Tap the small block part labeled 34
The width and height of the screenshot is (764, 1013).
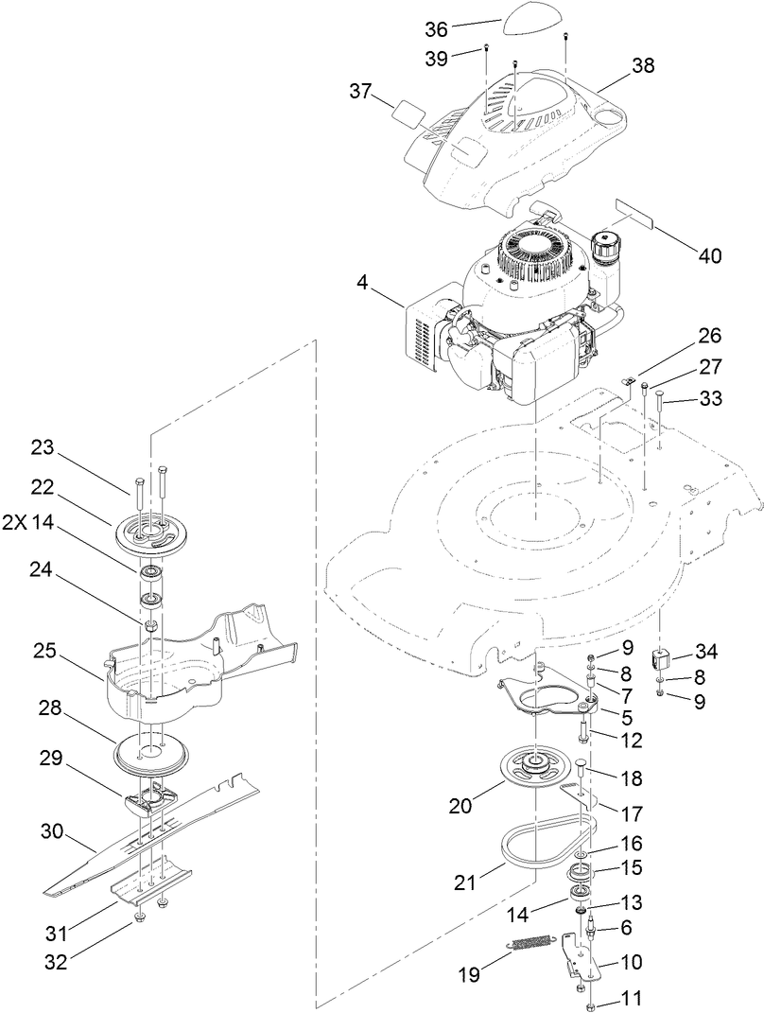click(664, 655)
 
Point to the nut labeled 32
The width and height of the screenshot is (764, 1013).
click(140, 919)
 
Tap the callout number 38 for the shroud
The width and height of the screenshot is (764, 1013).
click(642, 65)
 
